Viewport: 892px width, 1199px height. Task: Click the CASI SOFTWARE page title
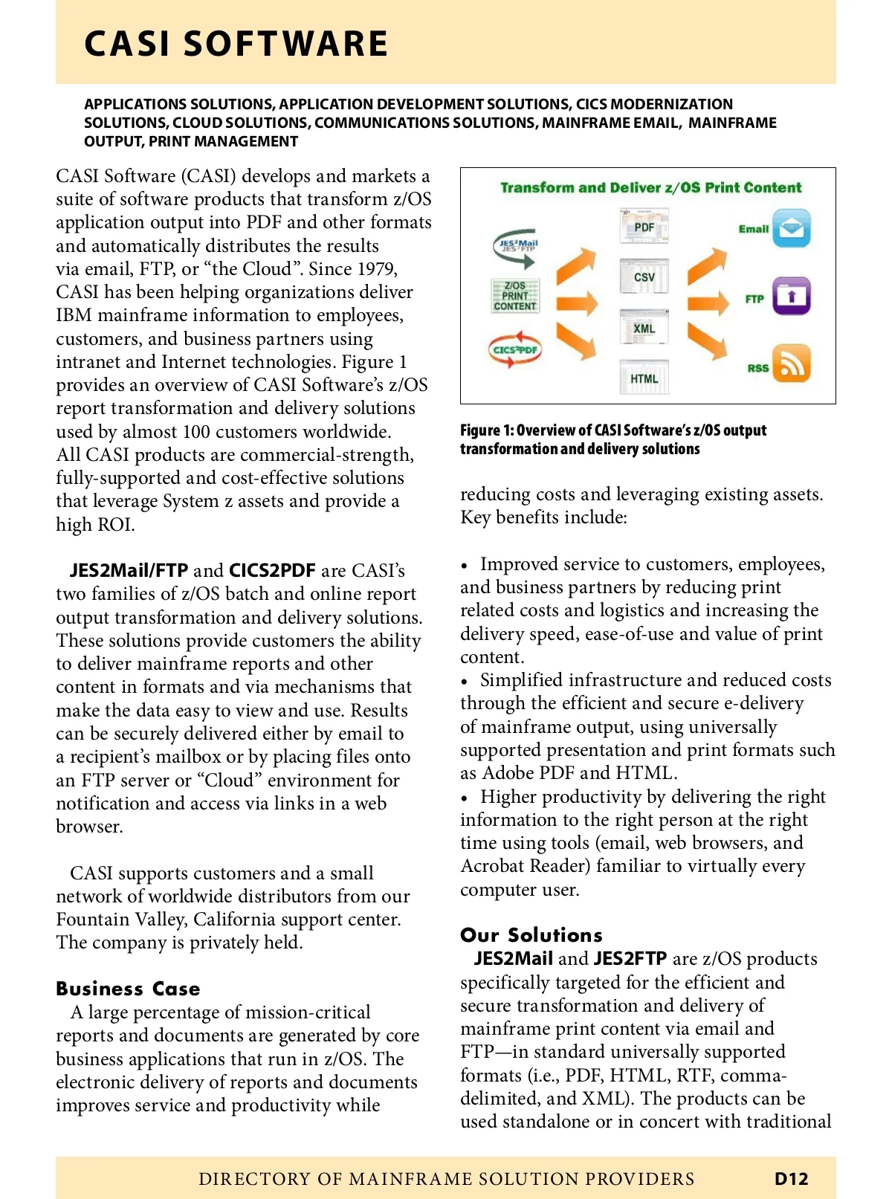tap(236, 44)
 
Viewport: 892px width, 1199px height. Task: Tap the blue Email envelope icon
tap(791, 228)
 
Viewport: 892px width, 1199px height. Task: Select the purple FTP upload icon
tap(791, 296)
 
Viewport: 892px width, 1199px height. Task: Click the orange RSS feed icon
tap(791, 363)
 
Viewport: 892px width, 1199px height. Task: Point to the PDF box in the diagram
tap(644, 227)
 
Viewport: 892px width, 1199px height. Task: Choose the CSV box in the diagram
tap(644, 277)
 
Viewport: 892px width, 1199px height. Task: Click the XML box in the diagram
tap(644, 328)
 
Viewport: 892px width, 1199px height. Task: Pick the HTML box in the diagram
tap(644, 378)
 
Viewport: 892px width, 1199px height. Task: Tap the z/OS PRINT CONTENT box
tap(515, 295)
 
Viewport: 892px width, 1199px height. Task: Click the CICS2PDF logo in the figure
tap(515, 349)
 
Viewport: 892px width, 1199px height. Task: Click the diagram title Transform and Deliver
tap(650, 187)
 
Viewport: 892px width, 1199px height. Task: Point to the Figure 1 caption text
tap(613, 439)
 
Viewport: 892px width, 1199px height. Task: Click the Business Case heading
tap(128, 989)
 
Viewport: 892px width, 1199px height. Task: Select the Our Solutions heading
tap(531, 935)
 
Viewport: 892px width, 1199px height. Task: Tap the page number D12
tap(791, 1178)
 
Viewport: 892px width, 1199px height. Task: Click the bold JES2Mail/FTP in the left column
tap(129, 571)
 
